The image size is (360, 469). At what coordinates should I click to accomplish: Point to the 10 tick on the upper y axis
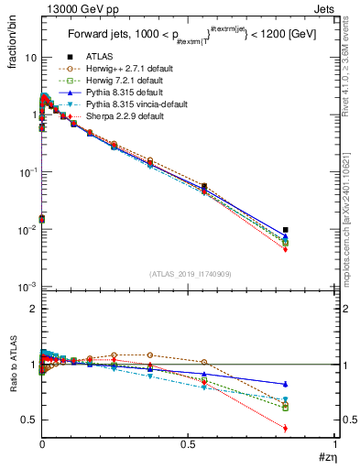31,58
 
